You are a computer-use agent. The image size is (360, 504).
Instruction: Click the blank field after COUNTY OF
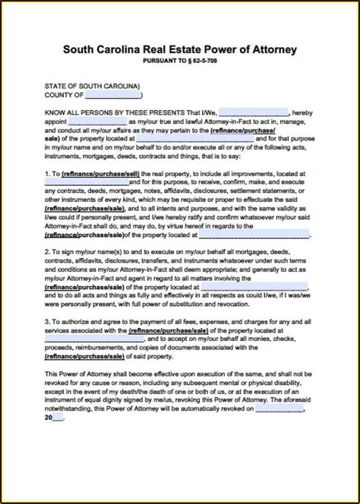click(x=112, y=95)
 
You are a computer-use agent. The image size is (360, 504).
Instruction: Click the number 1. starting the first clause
click(x=49, y=173)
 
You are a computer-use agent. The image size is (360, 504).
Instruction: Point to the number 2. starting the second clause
click(x=49, y=249)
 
